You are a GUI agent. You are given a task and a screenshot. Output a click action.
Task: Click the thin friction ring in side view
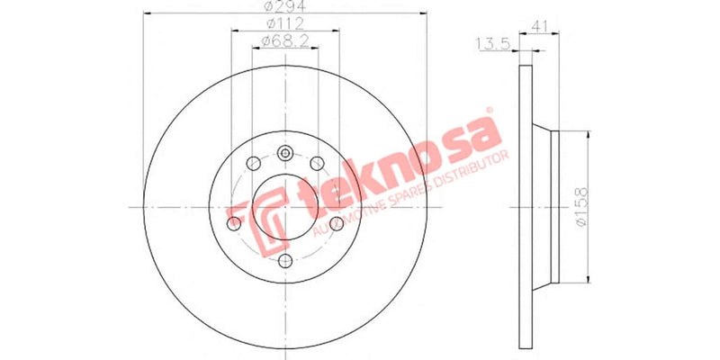(525, 206)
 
